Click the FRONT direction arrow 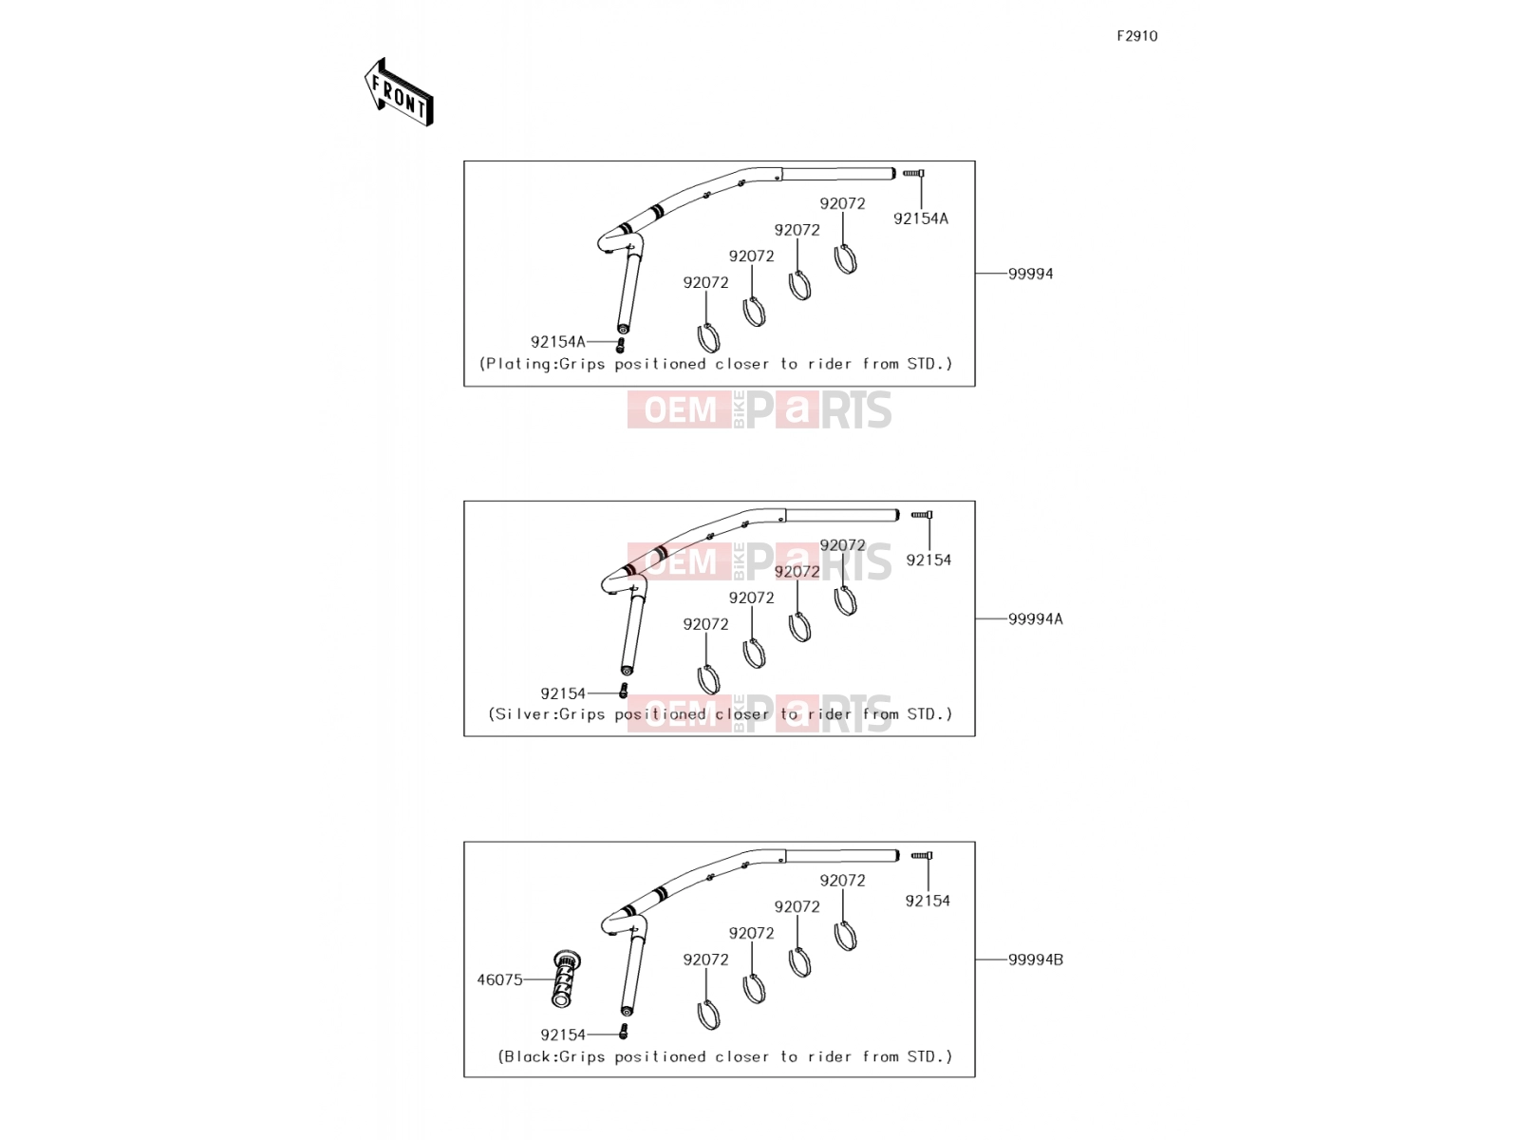399,92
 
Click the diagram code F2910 1136,36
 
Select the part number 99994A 1035,618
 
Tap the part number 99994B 1035,959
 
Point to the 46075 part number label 499,979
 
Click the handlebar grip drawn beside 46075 566,978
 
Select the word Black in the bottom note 530,1056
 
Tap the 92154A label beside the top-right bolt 920,218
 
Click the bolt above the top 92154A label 913,173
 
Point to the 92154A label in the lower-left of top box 558,342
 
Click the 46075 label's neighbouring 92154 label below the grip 563,1035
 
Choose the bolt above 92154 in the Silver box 922,515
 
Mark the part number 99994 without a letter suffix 1030,275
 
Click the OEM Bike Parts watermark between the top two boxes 759,409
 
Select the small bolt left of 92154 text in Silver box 623,691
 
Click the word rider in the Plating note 831,364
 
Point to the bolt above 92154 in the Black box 922,856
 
